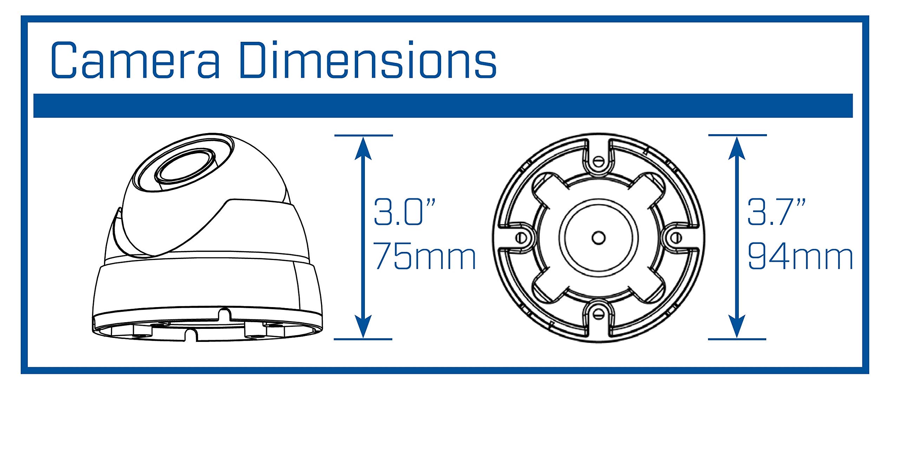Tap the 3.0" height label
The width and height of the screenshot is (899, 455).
[404, 212]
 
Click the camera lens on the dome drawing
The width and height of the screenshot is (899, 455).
[185, 169]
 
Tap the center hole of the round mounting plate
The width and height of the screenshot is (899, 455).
[598, 238]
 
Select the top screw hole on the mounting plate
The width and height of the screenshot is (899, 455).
[598, 162]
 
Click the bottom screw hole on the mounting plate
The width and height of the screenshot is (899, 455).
[598, 314]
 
